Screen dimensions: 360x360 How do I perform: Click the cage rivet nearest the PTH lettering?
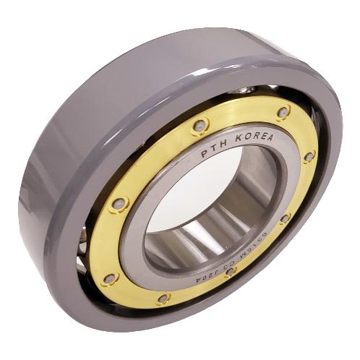click(x=200, y=126)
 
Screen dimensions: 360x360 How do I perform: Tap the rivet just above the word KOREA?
click(x=283, y=112)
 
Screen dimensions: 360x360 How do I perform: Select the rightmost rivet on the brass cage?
click(x=309, y=156)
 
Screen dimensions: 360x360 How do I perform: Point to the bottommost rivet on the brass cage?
click(x=165, y=298)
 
